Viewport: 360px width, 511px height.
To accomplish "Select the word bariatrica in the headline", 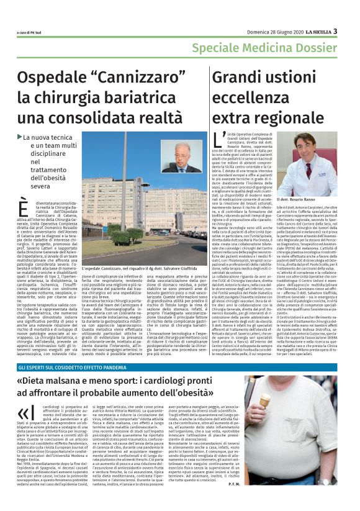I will point(131,98).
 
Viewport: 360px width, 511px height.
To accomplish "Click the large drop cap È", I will point(24,209).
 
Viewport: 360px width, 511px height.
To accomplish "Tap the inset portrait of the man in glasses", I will point(184,156).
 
